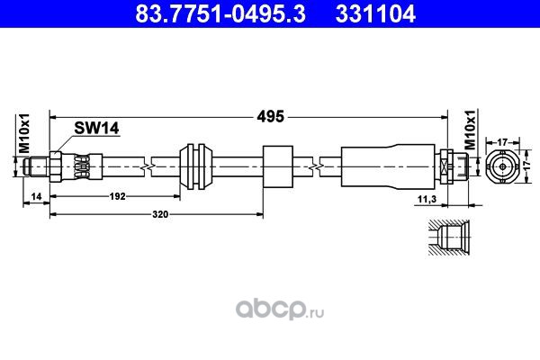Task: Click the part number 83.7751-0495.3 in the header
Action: [220, 13]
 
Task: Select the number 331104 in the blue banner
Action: [375, 13]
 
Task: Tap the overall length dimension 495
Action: [270, 117]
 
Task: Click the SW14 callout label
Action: [96, 129]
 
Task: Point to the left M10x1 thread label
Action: [24, 134]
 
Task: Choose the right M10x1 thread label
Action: [471, 130]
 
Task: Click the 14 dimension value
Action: [36, 196]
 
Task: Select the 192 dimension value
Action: [117, 196]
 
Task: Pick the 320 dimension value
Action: [160, 214]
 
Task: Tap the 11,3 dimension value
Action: [427, 199]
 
